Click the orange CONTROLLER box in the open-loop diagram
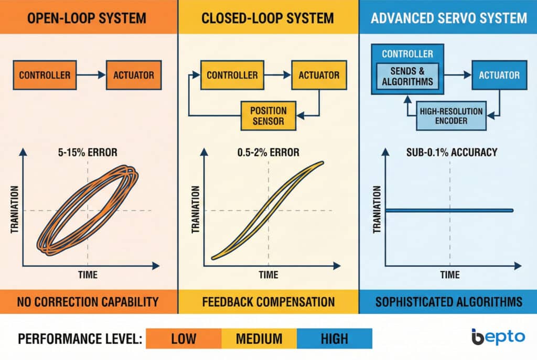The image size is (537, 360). point(45,75)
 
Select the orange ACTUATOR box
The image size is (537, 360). point(134,75)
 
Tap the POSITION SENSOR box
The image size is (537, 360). point(268,116)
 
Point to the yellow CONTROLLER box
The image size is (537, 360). point(232,75)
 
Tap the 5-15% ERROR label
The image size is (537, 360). point(88,154)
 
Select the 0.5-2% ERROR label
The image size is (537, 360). point(268,153)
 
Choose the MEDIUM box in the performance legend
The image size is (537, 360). point(259,339)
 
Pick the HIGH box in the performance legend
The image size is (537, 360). point(334,339)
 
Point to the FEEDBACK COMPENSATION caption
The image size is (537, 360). point(268,302)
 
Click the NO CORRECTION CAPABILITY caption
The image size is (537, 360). point(88,302)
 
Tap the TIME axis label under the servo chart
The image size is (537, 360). point(449,275)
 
